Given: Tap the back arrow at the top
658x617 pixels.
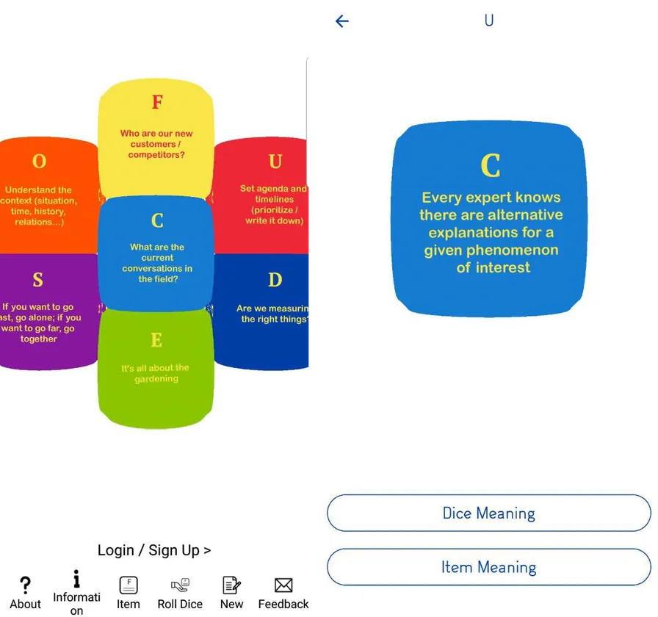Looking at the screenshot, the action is [342, 21].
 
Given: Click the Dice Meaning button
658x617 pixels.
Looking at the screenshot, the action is [489, 513].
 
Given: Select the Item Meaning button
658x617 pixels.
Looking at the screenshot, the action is [489, 567].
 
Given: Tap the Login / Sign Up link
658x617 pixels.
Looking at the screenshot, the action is [154, 550].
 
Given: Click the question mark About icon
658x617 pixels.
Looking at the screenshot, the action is [25, 585].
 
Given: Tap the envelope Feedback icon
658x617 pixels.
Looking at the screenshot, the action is [283, 585].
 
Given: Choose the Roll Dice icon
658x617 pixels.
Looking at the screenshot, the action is [180, 585].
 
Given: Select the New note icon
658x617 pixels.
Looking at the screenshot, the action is [231, 585].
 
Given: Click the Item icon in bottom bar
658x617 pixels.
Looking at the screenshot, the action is [128, 585].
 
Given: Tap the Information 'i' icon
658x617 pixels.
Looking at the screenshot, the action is [76, 578].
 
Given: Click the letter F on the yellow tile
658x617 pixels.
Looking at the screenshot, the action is [157, 102].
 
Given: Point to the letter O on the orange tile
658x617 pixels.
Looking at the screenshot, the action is [39, 161].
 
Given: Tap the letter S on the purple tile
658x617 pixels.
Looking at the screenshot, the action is [37, 280].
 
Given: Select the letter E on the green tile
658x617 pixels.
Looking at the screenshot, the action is [156, 340].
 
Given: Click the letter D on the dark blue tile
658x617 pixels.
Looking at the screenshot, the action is [275, 280].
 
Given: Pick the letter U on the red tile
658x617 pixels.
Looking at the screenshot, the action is [275, 162].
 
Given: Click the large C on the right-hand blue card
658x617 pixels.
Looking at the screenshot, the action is [490, 165].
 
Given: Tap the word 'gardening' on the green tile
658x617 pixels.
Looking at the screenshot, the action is [156, 379].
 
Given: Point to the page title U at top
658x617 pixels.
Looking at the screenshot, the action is [489, 21].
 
